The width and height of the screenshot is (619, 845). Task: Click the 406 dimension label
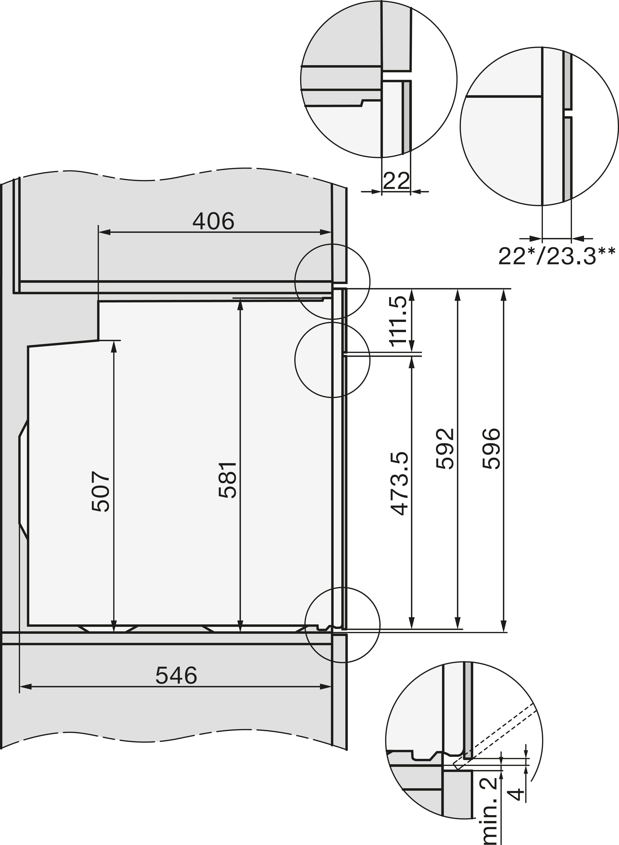click(213, 221)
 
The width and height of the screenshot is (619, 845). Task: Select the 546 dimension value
click(176, 676)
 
